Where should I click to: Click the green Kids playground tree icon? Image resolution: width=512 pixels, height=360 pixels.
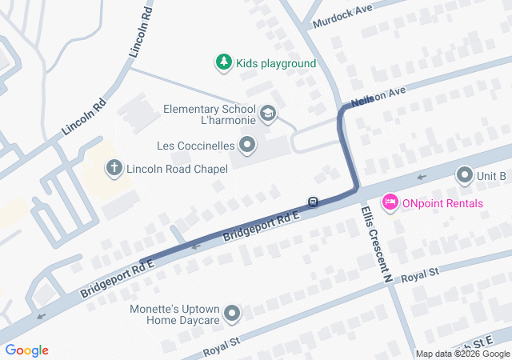pos(223,62)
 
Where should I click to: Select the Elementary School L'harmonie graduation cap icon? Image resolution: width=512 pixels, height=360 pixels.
pos(268,114)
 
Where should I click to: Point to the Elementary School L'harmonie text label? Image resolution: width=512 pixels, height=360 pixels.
pos(209,114)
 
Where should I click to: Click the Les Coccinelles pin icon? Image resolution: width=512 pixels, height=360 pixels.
pos(248,146)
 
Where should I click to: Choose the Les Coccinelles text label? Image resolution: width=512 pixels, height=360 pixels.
pos(194,146)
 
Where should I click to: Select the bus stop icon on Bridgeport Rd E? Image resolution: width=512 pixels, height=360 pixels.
pos(314,202)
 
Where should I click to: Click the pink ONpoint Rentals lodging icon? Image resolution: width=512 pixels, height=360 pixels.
pos(390,202)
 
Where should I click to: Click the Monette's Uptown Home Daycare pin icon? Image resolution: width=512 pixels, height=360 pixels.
pos(232,314)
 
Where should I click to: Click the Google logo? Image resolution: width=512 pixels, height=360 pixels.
pos(26,350)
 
